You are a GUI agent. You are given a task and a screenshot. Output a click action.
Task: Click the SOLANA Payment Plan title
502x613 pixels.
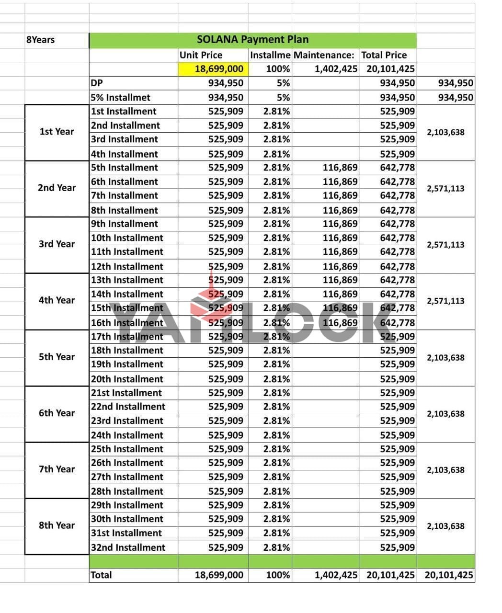coord(252,40)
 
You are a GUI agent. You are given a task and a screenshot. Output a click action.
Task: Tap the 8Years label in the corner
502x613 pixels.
coord(40,40)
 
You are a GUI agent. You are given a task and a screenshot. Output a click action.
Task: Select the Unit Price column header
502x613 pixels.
coord(201,55)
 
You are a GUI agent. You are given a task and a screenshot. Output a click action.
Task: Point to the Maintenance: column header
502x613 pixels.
coord(324,55)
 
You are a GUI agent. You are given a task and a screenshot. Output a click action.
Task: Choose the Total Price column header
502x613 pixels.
coord(384,55)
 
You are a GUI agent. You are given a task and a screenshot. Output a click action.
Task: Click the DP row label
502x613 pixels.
coord(97,83)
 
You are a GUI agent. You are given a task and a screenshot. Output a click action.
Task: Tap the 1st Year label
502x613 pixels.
coord(57,132)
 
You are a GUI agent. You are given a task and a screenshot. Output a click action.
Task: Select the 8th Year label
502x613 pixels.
coord(57,525)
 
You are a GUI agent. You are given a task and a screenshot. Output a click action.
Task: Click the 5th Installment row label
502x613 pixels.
coord(124,168)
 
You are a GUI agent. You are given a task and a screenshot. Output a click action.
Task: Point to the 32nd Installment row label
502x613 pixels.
coord(127,547)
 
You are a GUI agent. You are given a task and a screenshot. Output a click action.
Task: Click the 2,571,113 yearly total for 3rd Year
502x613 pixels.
coord(445,245)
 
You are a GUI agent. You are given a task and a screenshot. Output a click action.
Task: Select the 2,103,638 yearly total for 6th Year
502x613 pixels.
coord(445,414)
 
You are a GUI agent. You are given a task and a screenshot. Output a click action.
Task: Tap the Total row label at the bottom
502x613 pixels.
coord(101,575)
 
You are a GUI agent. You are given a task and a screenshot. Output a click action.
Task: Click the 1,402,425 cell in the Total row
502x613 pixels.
coord(336,575)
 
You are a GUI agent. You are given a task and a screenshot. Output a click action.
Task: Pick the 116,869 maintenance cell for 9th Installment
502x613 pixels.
coord(340,224)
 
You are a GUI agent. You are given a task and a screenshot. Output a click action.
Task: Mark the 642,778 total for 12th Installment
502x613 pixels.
coord(397,266)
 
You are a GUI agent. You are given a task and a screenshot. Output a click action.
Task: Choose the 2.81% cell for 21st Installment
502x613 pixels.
coord(276,393)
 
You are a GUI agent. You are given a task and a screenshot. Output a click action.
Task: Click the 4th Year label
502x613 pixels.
coord(57,300)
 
